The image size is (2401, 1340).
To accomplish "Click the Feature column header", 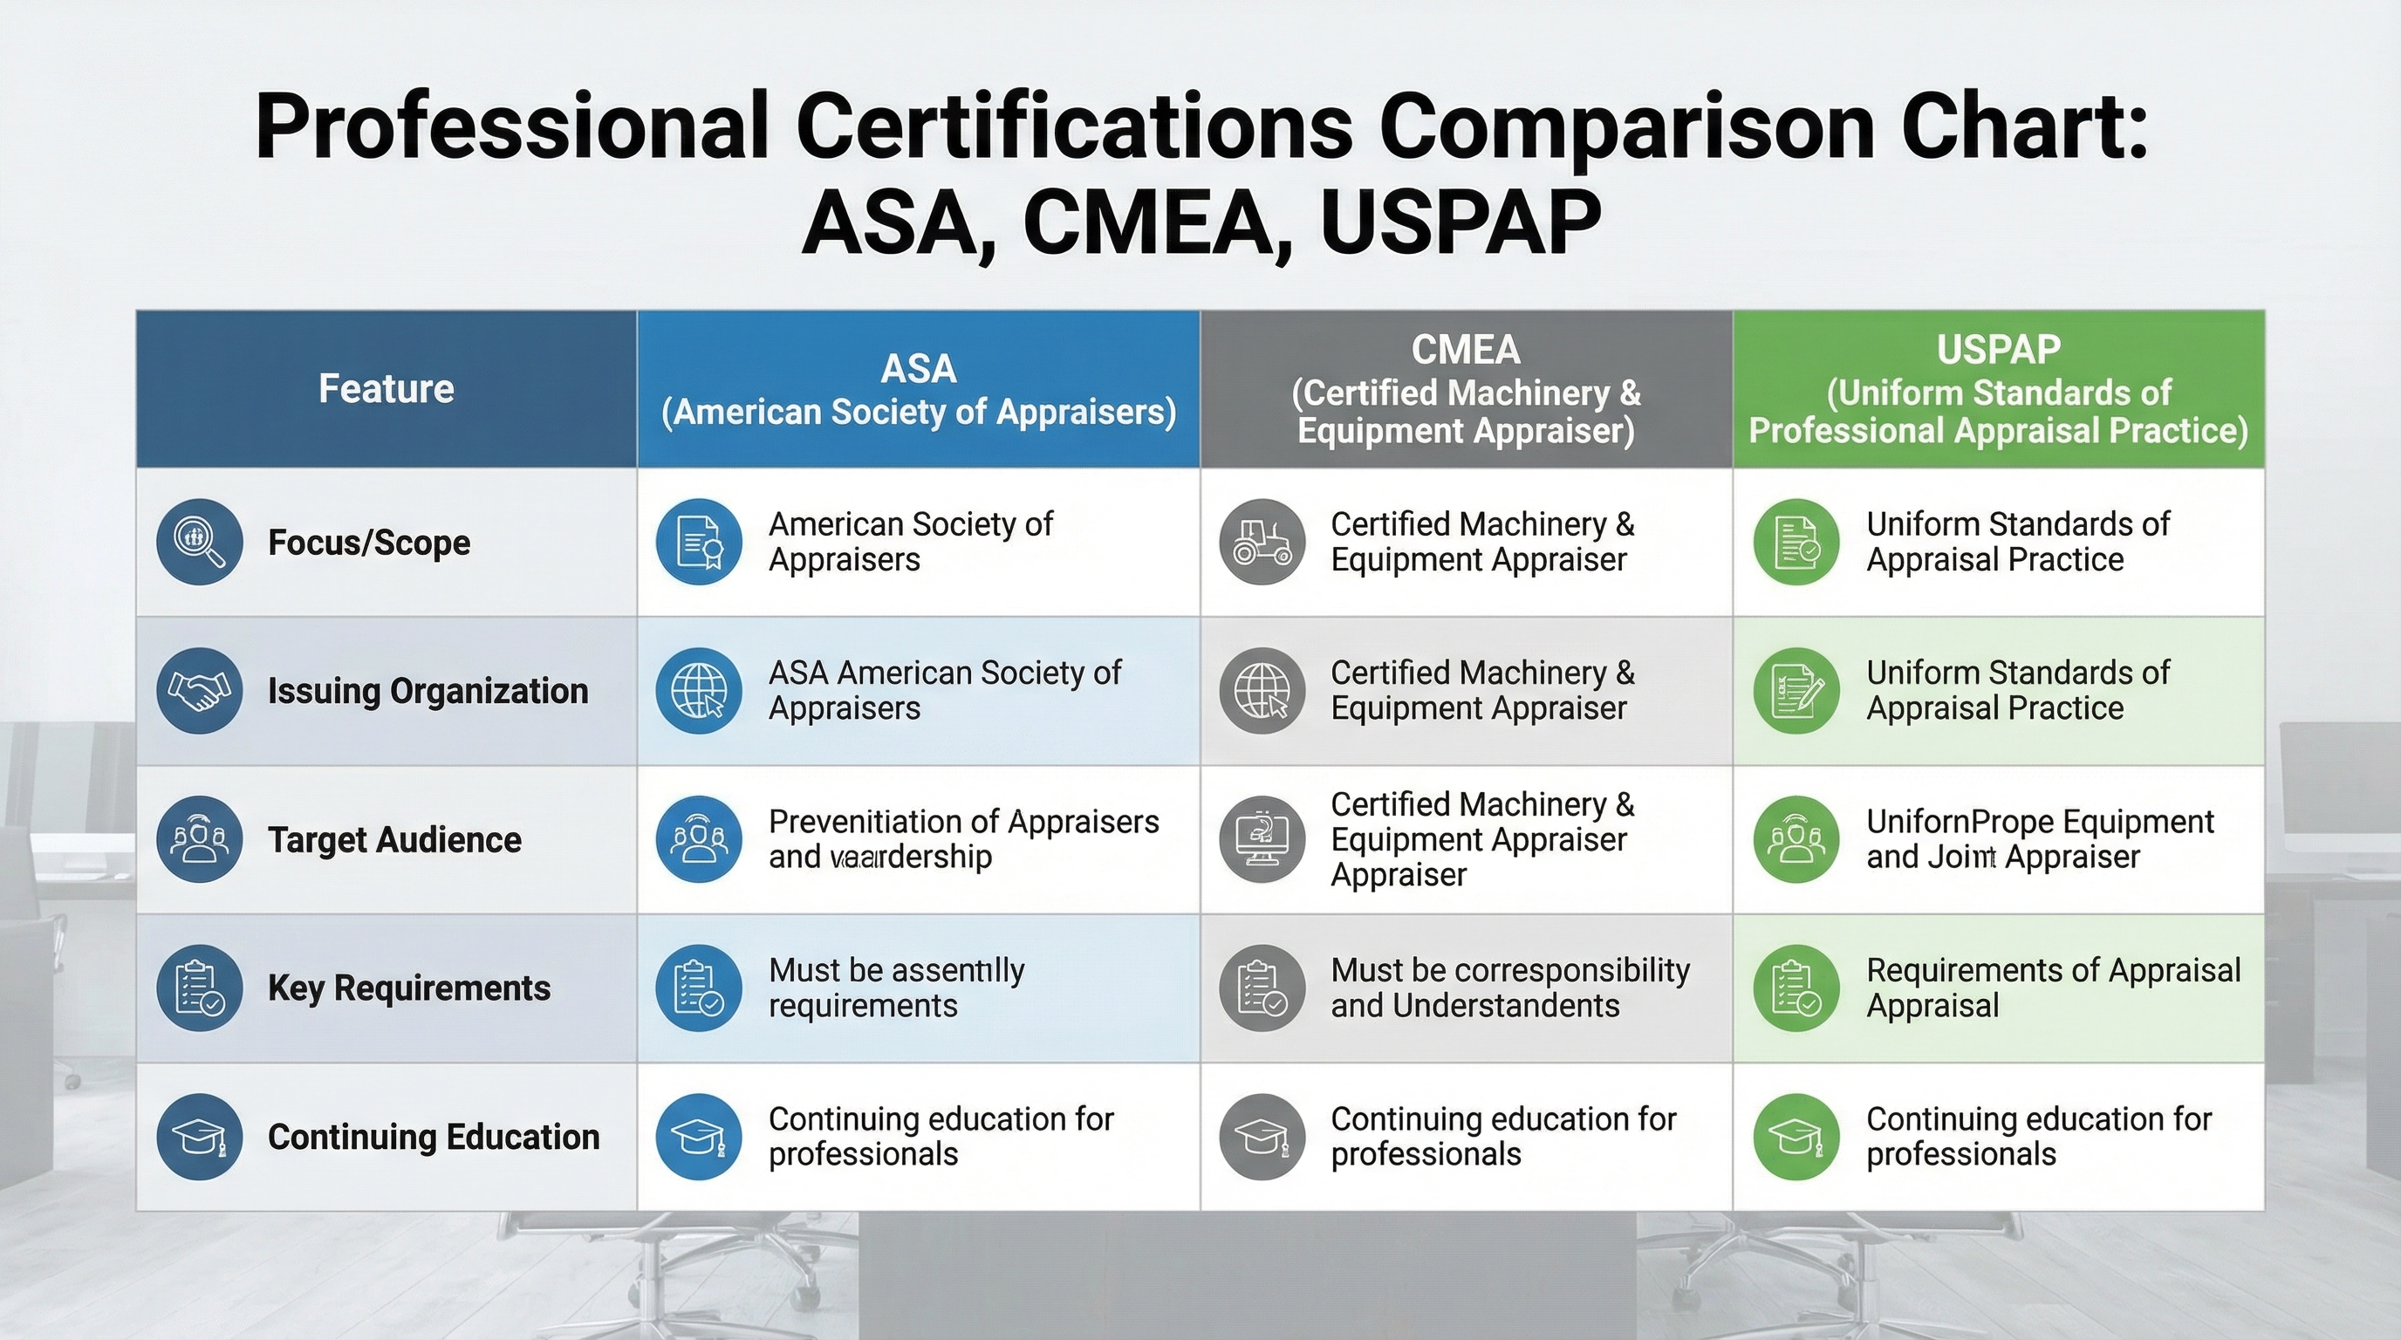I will point(386,388).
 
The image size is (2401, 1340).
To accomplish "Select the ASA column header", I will point(918,389).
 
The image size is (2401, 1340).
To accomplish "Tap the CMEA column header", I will point(1465,389).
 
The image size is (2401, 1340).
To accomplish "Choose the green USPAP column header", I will point(1997,389).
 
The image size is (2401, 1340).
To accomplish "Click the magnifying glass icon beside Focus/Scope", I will point(200,542).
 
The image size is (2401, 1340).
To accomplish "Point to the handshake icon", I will point(200,690).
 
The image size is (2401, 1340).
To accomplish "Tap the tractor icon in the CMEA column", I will point(1262,542).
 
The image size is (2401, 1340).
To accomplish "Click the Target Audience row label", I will point(394,839).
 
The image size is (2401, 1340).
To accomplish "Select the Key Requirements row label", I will point(408,988).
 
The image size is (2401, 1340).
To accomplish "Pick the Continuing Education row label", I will point(434,1137).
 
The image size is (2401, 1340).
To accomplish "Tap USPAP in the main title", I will point(1460,223).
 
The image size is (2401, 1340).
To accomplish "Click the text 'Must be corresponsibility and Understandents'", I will point(1509,988).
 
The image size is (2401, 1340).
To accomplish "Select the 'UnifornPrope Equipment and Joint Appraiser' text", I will point(2038,838).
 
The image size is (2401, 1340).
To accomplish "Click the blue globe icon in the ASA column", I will point(699,690).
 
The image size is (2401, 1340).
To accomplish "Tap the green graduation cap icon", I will point(1796,1137).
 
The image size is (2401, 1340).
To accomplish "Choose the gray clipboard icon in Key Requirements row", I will point(1262,988).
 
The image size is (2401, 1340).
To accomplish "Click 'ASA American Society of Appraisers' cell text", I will point(944,690).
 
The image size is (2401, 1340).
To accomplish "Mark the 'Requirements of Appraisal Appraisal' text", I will point(2052,988).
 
